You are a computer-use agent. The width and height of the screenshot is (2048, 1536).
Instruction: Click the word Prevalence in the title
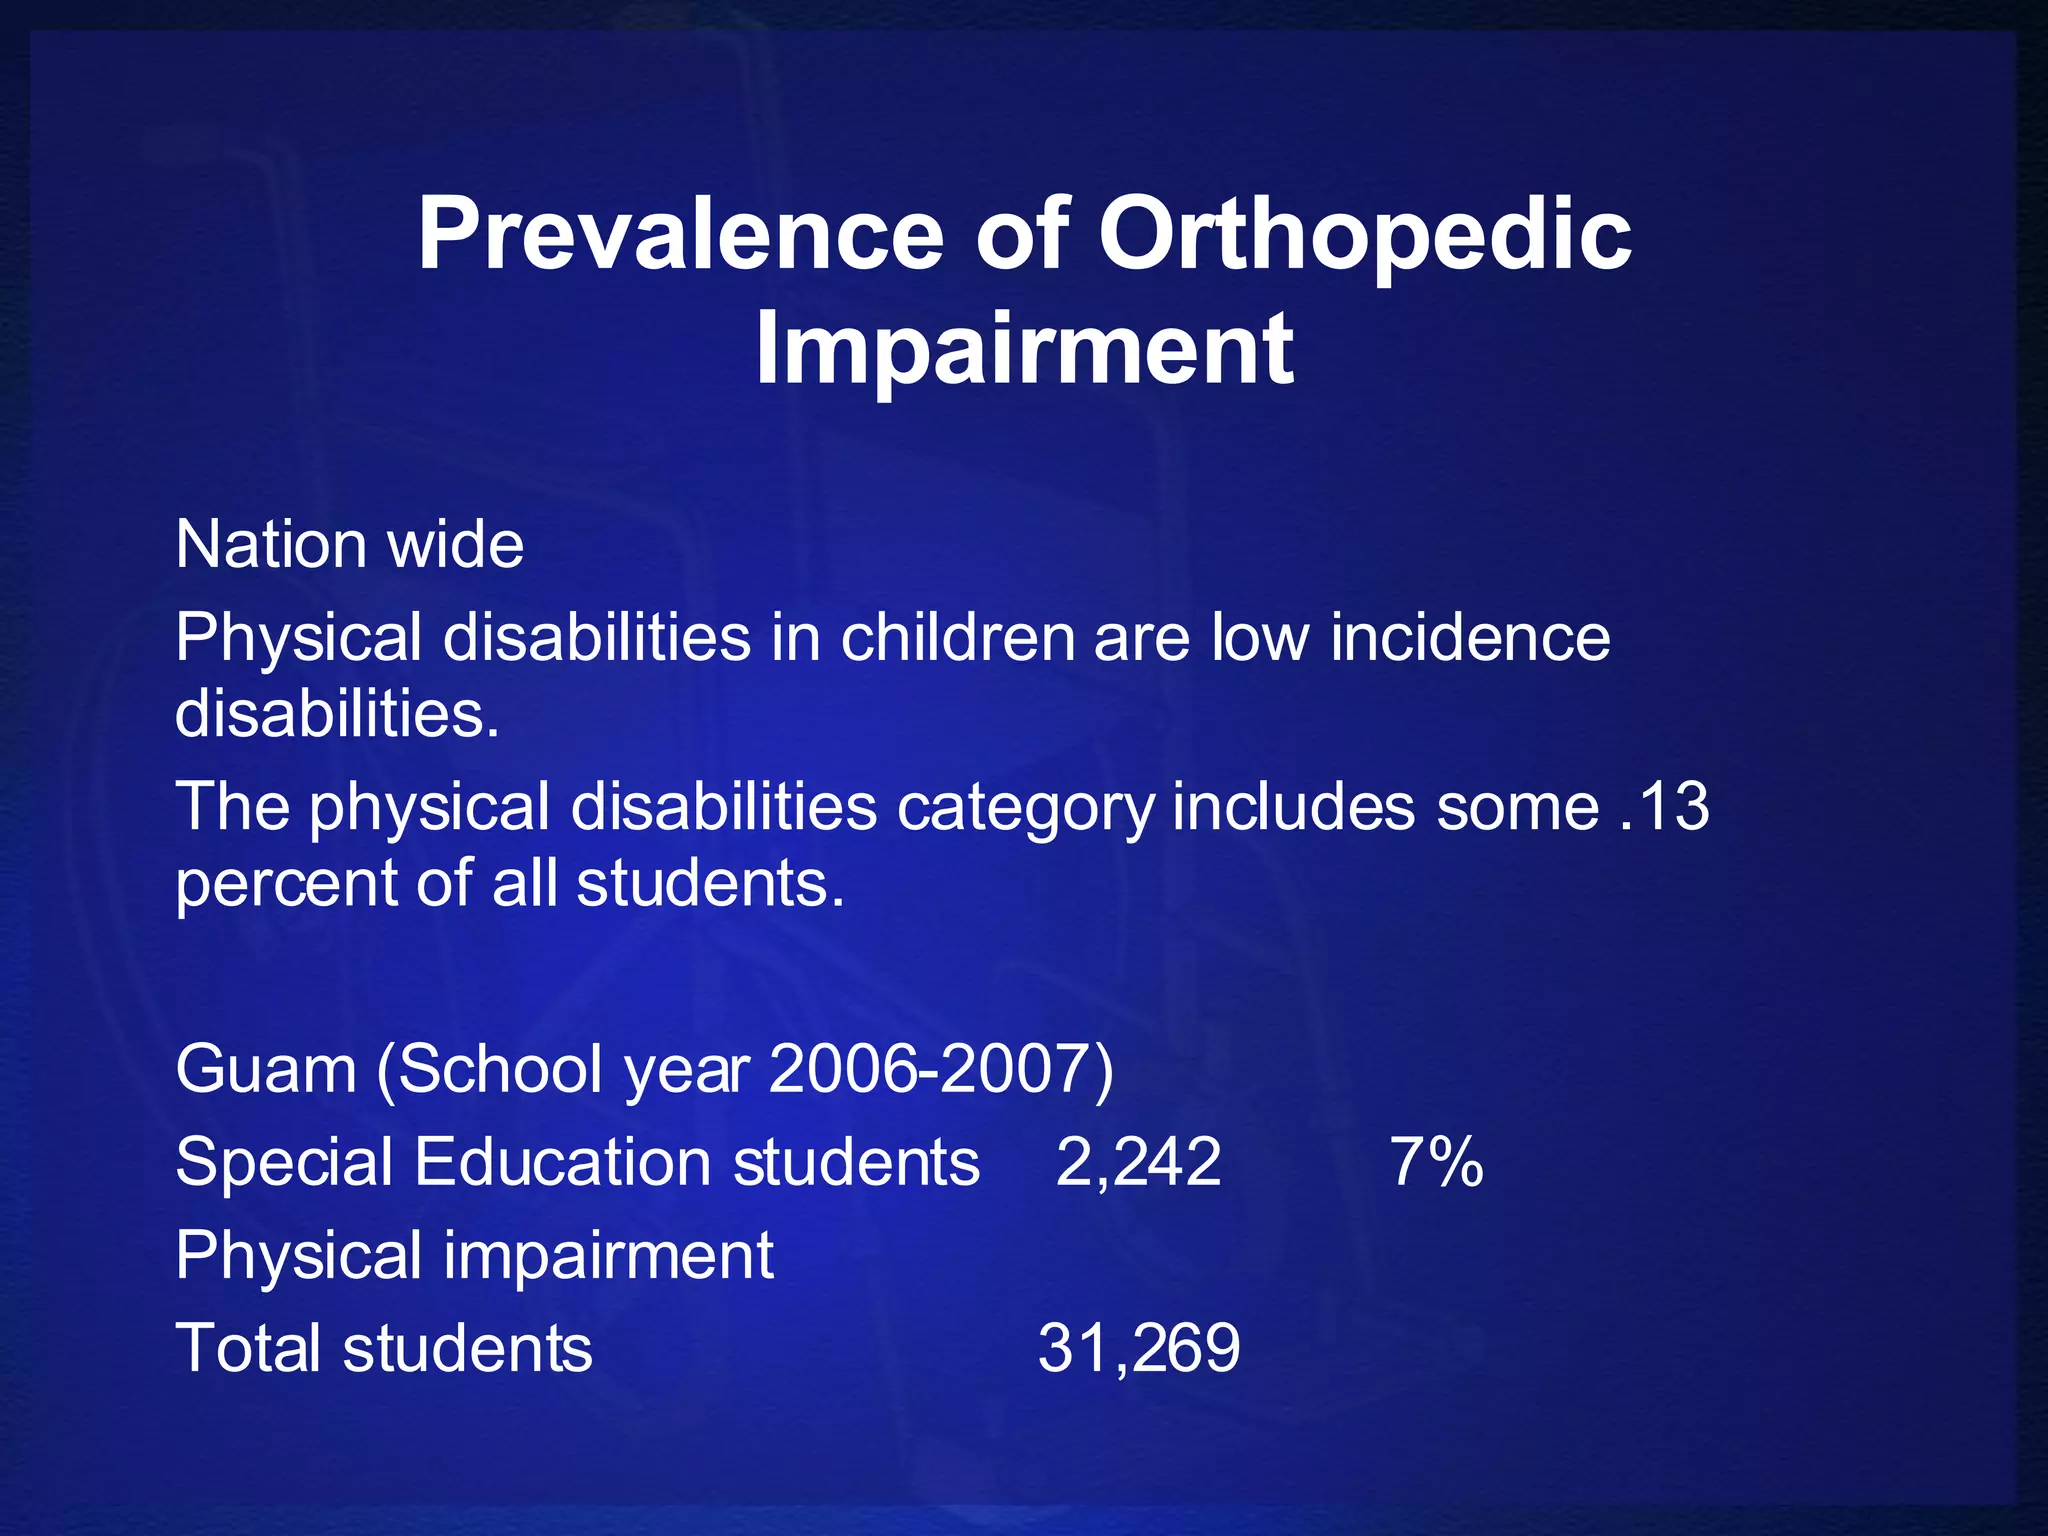pyautogui.click(x=680, y=234)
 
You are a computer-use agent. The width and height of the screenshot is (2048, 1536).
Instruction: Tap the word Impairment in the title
pyautogui.click(x=1024, y=348)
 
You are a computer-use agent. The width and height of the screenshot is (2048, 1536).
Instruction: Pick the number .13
pyautogui.click(x=1663, y=806)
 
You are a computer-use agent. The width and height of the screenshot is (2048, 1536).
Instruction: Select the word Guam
pyautogui.click(x=265, y=1069)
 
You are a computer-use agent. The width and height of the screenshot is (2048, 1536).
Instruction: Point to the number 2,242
pyautogui.click(x=1138, y=1163)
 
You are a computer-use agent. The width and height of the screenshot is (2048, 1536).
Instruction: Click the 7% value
pyautogui.click(x=1436, y=1163)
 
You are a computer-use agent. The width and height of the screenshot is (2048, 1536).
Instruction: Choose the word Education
pyautogui.click(x=563, y=1163)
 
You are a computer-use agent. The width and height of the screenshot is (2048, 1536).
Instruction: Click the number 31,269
pyautogui.click(x=1138, y=1348)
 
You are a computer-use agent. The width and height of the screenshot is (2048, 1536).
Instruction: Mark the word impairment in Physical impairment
pyautogui.click(x=608, y=1255)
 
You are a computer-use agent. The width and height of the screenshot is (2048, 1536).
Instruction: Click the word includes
pyautogui.click(x=1293, y=806)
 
